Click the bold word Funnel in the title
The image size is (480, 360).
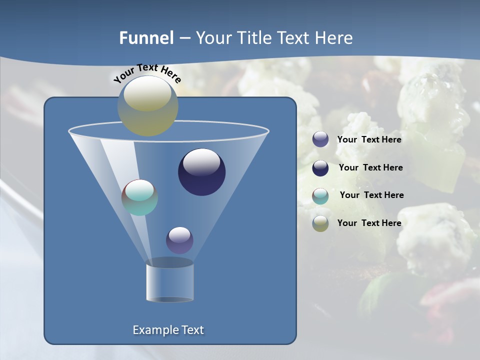(146, 38)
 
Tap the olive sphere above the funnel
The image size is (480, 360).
(147, 105)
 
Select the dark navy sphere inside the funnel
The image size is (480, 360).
(201, 172)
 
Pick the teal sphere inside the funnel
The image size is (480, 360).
(139, 197)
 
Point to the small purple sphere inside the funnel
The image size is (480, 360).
(179, 240)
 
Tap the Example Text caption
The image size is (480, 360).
(168, 330)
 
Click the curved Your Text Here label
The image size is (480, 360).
(147, 73)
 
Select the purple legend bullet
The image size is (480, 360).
(320, 139)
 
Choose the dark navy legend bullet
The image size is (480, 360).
(320, 168)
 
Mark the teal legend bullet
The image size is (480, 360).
(320, 196)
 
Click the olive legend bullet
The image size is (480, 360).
(320, 223)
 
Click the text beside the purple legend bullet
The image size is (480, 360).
(369, 140)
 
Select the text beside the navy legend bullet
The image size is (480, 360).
(370, 168)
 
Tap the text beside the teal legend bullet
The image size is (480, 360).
(371, 195)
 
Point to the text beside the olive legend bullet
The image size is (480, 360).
(369, 223)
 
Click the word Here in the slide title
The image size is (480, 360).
(333, 38)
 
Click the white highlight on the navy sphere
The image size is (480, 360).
(201, 162)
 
